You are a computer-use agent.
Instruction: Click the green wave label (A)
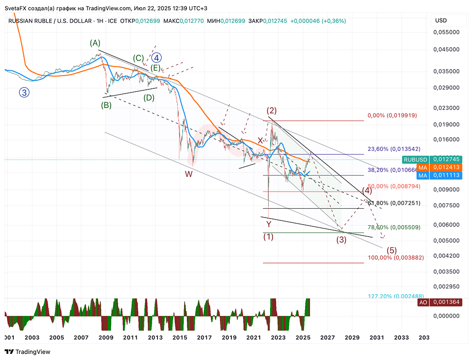(x=95, y=43)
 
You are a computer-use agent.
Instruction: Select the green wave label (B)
(x=106, y=105)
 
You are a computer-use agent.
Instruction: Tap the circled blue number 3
(x=24, y=92)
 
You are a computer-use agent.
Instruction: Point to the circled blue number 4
(x=157, y=58)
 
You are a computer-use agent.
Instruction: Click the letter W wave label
(x=189, y=174)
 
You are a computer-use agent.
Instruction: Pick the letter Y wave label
(x=269, y=224)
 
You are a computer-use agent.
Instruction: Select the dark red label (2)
(x=272, y=111)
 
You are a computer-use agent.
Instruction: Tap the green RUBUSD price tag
(x=415, y=159)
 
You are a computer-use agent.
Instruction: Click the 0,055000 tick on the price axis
(x=447, y=32)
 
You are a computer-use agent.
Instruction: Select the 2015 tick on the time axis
(x=179, y=338)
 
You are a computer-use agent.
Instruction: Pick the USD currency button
(x=440, y=21)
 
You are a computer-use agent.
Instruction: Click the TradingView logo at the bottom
(x=27, y=352)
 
